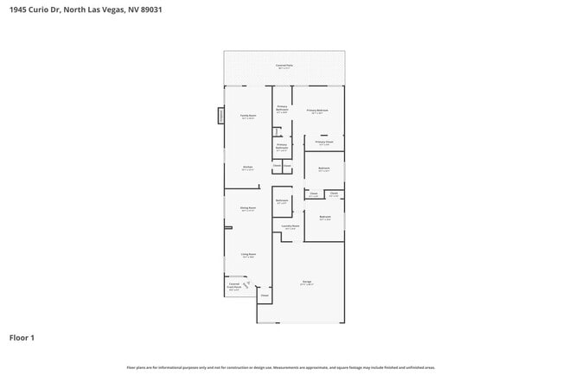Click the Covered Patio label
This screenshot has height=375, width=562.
(284, 67)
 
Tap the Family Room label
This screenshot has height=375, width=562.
(247, 117)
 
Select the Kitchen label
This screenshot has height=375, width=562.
(247, 168)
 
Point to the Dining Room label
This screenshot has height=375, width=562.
(247, 208)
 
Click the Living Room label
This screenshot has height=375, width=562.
(247, 256)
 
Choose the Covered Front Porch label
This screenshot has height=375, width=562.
(233, 287)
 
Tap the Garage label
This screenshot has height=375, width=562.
(307, 283)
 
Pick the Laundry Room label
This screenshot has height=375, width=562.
(291, 227)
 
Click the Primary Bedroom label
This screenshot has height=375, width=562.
(317, 111)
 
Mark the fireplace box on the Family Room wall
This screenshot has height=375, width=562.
(220, 116)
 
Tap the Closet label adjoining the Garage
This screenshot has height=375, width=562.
(265, 296)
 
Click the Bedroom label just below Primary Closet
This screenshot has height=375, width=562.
(324, 168)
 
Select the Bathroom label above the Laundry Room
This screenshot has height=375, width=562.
(282, 201)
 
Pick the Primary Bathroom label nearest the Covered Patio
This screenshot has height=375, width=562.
(282, 110)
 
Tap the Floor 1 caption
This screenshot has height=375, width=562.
(22, 338)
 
